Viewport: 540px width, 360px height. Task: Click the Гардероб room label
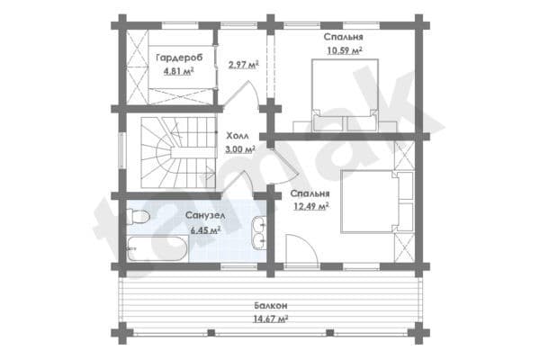[179, 58]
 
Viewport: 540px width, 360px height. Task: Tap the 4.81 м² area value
[178, 71]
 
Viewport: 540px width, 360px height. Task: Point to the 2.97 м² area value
[244, 65]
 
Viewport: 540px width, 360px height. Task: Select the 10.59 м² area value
[345, 50]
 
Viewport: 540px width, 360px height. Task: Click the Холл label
[238, 136]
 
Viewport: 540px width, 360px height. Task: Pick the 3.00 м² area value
[240, 149]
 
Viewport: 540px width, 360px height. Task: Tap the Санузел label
[205, 216]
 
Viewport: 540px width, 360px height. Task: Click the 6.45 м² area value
[205, 230]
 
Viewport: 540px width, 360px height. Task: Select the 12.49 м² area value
[310, 207]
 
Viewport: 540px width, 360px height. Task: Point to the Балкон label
[271, 306]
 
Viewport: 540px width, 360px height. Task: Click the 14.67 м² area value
[271, 319]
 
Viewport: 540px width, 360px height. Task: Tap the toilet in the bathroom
[138, 217]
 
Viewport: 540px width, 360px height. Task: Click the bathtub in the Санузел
[157, 248]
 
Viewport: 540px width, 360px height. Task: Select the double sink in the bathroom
[259, 232]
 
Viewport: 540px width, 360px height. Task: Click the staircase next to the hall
[178, 153]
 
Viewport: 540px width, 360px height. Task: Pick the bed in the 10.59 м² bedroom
[345, 95]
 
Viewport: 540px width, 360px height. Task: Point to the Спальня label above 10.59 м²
[344, 37]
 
